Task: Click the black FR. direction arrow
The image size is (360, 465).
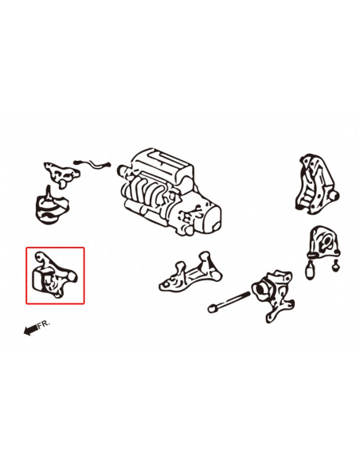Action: coord(30,330)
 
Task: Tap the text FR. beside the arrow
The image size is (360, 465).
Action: coord(44,323)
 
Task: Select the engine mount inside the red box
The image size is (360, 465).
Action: coord(55,275)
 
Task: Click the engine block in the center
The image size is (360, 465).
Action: coord(170,192)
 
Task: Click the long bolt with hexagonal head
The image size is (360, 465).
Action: coord(229,302)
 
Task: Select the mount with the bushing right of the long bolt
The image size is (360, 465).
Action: coord(273,295)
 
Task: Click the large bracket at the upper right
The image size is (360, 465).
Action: coord(317,185)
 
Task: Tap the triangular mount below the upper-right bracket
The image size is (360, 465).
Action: coord(324,243)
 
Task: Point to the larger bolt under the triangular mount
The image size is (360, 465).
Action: coord(311,270)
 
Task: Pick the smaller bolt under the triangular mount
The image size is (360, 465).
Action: coord(335,265)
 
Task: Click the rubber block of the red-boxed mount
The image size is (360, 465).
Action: coord(38,279)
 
